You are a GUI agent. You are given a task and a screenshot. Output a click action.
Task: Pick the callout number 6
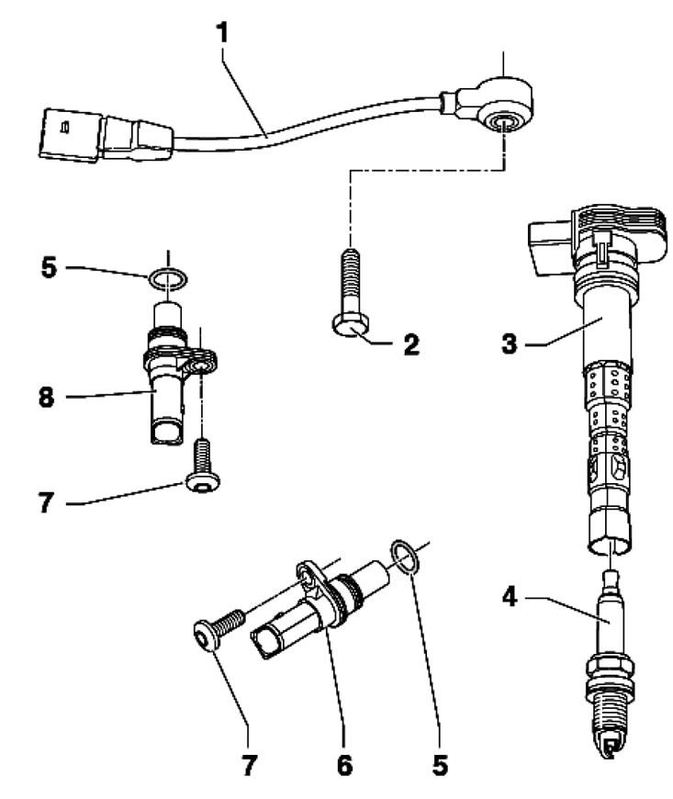coord(342,763)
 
